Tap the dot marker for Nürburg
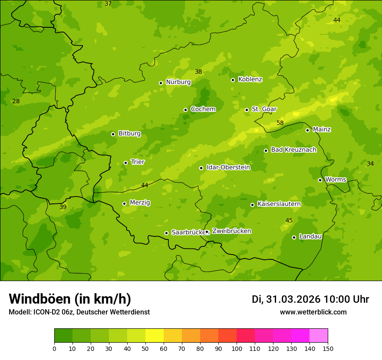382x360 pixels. point(161,83)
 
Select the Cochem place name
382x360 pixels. point(203,109)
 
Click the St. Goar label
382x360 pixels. point(264,109)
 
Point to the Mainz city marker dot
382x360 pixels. point(307,130)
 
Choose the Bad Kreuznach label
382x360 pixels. point(293,150)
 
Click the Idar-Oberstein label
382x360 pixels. point(228,167)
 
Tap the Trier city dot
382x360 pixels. point(125,163)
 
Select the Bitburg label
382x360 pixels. point(129,134)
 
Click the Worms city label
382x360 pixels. point(336,180)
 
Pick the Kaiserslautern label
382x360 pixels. point(279,204)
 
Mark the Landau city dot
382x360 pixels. point(294,237)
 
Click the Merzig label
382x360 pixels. point(140,203)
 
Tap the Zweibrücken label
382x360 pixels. point(231,231)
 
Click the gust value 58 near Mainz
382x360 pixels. point(280,123)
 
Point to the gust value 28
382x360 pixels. point(16,101)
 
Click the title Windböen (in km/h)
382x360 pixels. point(70,299)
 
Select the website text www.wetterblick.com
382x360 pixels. point(313,312)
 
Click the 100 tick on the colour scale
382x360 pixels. point(237,348)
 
